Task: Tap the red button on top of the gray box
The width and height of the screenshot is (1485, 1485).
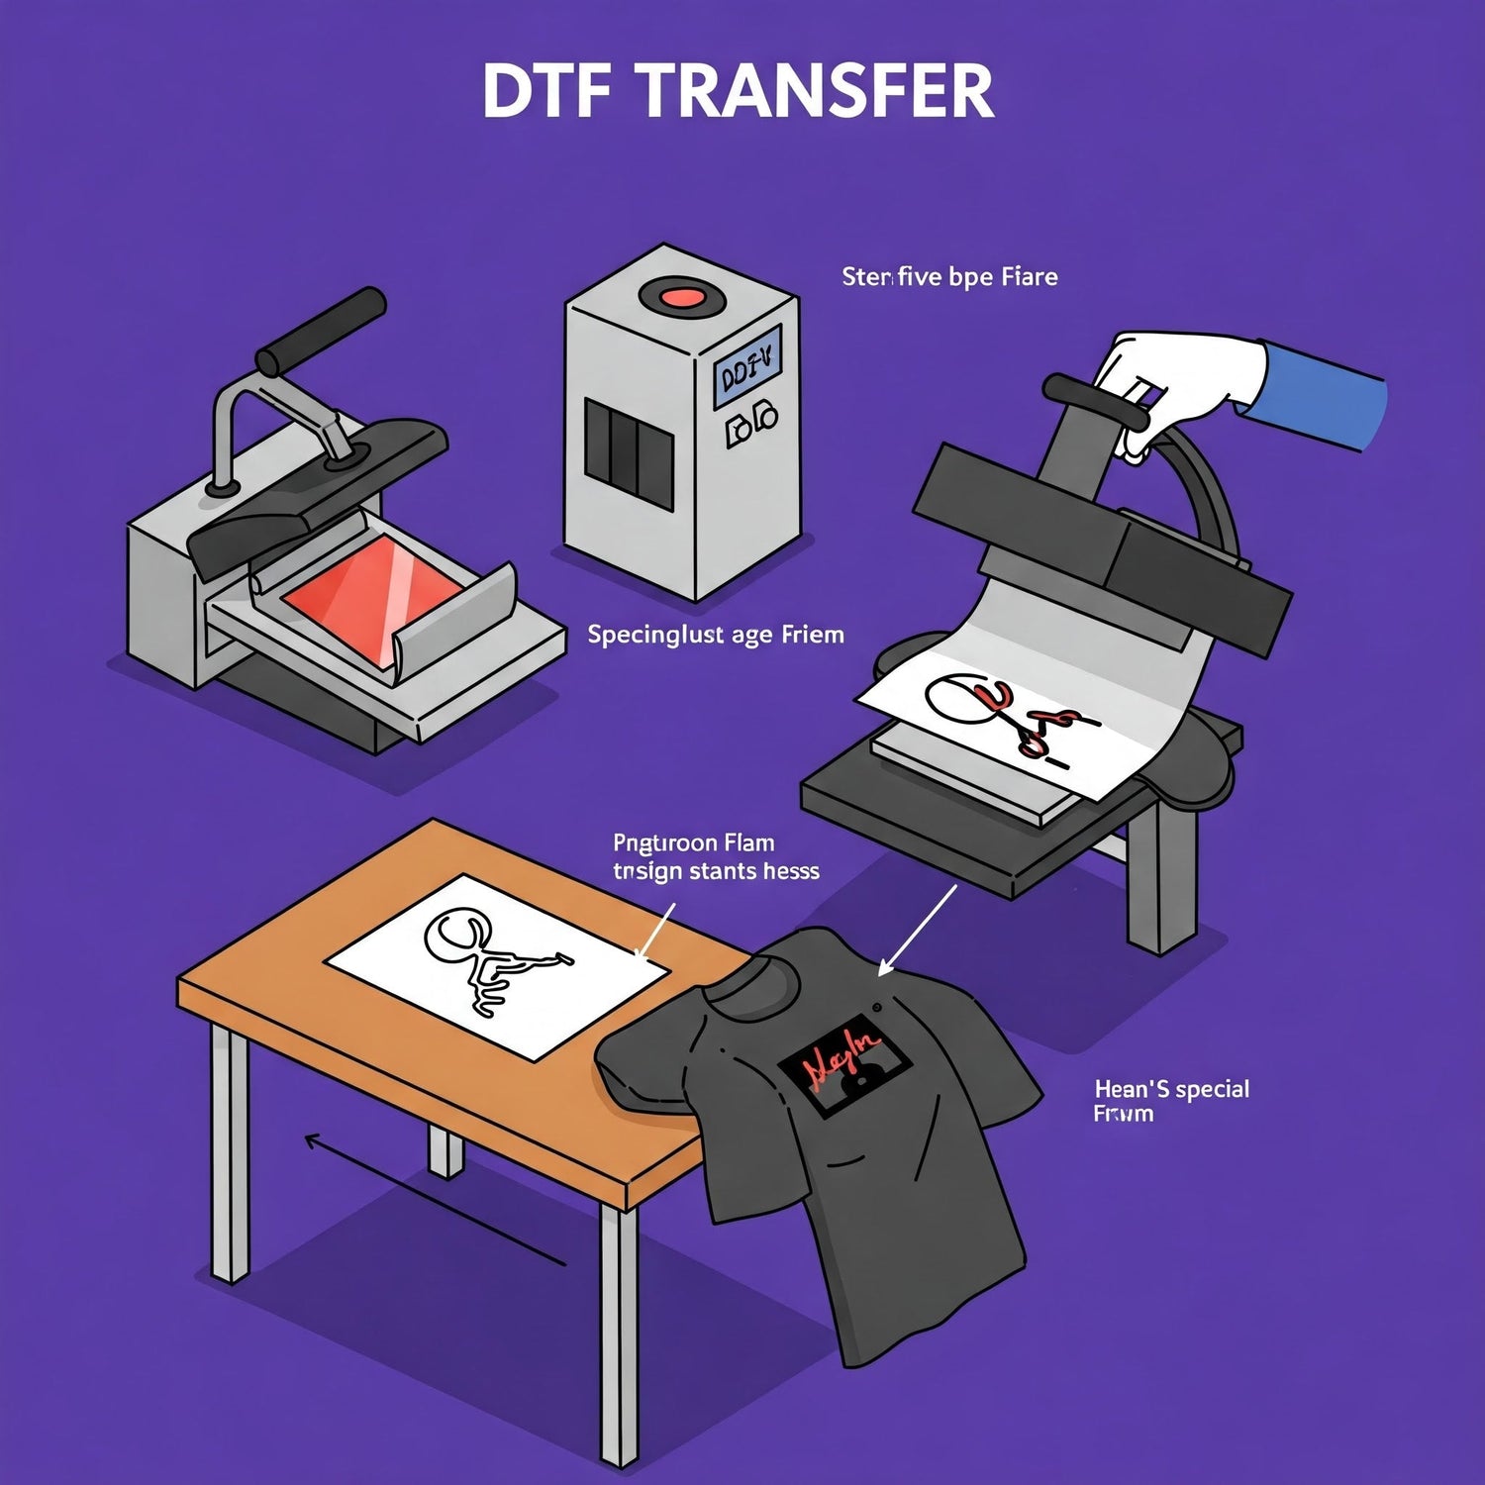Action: [680, 295]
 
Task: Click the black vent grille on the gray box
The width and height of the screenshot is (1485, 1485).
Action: [628, 455]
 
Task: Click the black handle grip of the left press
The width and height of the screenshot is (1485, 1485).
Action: [321, 326]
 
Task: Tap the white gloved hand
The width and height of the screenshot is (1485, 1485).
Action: [1183, 376]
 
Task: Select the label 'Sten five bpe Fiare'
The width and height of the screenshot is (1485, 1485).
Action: [949, 277]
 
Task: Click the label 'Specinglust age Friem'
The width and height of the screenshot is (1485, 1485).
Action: [716, 635]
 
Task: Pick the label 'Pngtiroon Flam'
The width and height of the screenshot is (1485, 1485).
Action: [693, 843]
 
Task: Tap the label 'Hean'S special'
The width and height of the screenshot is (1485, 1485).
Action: [1171, 1089]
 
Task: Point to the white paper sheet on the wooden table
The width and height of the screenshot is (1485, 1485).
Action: [495, 965]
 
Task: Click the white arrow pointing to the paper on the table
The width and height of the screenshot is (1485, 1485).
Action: [654, 930]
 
